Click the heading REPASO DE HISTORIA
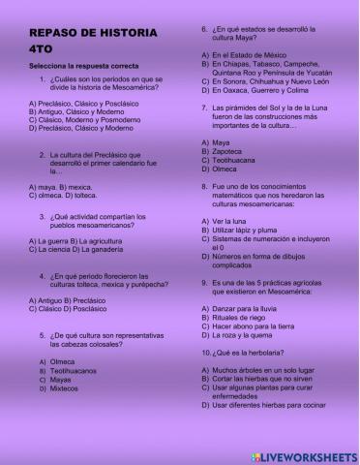[x=93, y=33]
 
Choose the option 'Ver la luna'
[x=238, y=221]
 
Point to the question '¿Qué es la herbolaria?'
[x=244, y=352]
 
